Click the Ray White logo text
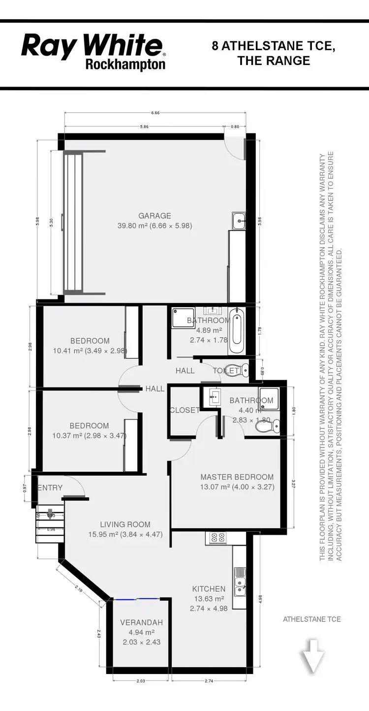click(92, 47)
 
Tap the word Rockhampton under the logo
click(125, 65)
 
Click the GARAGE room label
click(154, 216)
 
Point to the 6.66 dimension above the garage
click(155, 113)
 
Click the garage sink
click(239, 220)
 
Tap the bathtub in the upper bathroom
click(236, 331)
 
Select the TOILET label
click(226, 371)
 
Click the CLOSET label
click(184, 410)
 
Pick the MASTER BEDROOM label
click(237, 477)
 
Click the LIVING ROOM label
click(125, 525)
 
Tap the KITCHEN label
click(209, 589)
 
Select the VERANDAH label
click(141, 623)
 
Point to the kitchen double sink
click(240, 581)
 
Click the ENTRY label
click(51, 488)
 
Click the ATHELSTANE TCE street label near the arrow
click(312, 619)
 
